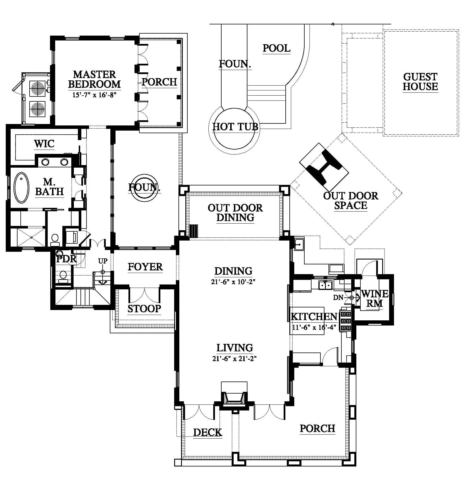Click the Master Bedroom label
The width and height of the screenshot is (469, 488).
click(94, 79)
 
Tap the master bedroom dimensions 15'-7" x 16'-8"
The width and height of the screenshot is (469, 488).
click(94, 95)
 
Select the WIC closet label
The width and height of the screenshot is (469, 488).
click(44, 144)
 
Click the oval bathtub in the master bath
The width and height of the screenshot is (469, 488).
click(22, 187)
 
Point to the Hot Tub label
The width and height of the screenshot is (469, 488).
click(235, 127)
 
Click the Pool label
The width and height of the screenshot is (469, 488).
click(276, 48)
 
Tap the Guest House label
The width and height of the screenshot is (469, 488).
click(420, 82)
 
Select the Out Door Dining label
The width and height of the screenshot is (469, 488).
click(235, 213)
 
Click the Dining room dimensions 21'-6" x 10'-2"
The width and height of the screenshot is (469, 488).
click(233, 282)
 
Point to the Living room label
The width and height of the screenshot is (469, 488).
click(234, 348)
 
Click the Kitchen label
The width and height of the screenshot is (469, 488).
click(314, 317)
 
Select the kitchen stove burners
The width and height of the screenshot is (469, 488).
click(346, 320)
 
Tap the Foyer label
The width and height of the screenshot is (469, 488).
click(145, 267)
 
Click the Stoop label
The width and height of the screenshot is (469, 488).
click(144, 309)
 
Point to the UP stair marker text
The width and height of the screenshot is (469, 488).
click(103, 261)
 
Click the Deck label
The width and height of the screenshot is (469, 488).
click(208, 432)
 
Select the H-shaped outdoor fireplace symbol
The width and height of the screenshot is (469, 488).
click(324, 167)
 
